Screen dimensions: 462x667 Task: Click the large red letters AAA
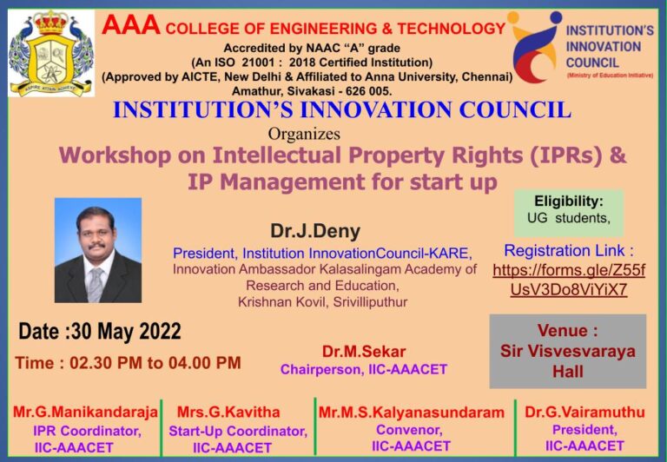pyautogui.click(x=130, y=27)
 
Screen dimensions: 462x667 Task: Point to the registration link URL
pyautogui.click(x=569, y=280)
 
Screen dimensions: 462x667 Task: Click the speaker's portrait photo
pyautogui.click(x=97, y=250)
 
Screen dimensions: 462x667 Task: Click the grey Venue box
pyautogui.click(x=568, y=351)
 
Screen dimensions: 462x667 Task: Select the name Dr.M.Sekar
pyautogui.click(x=364, y=352)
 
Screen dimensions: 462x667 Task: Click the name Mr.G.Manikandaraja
pyautogui.click(x=85, y=412)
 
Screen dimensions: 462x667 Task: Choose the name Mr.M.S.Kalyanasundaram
pyautogui.click(x=411, y=412)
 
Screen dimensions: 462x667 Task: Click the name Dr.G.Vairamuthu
pyautogui.click(x=584, y=412)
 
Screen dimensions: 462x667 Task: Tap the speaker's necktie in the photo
pyautogui.click(x=96, y=283)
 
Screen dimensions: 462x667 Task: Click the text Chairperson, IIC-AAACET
pyautogui.click(x=363, y=370)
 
